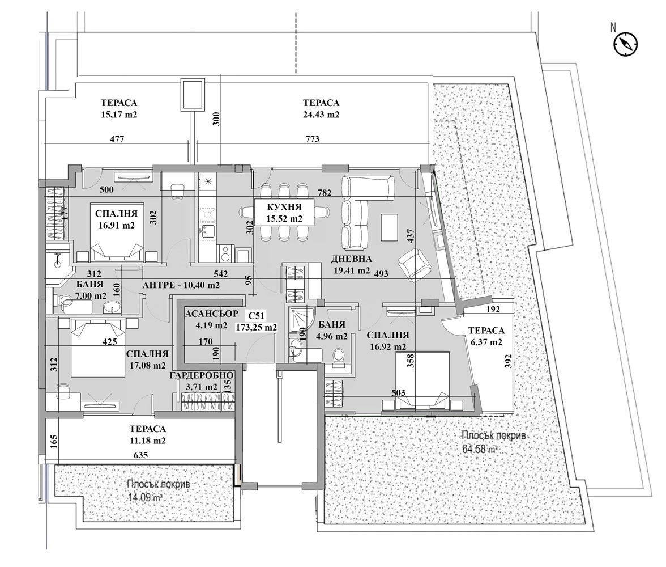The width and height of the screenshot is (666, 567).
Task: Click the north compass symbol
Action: (625, 44)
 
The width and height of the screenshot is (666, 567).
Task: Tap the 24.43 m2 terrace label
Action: (321, 109)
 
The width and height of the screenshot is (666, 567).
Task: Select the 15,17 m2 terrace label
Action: (119, 109)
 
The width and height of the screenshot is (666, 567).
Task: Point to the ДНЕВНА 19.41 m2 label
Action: (351, 265)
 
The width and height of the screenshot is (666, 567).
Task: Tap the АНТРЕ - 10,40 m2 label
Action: (181, 286)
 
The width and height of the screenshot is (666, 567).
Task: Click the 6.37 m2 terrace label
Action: (485, 336)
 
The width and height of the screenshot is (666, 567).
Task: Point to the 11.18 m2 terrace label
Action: (147, 435)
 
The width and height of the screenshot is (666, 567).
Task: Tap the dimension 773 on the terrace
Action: (312, 139)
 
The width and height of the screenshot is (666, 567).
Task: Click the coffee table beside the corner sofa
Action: (390, 226)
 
